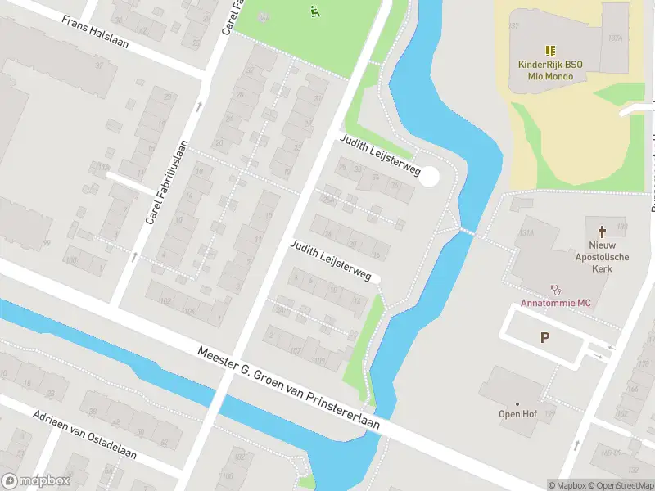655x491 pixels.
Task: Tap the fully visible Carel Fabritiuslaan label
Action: pos(167,182)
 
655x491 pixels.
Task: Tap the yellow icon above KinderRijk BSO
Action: pos(550,50)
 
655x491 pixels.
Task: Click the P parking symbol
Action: pos(544,337)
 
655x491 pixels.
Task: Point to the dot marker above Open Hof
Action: pos(517,403)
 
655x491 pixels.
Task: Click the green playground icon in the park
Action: pos(314,11)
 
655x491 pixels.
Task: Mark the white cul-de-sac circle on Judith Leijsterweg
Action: pos(430,176)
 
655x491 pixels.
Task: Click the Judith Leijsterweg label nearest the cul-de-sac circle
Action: pos(381,155)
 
